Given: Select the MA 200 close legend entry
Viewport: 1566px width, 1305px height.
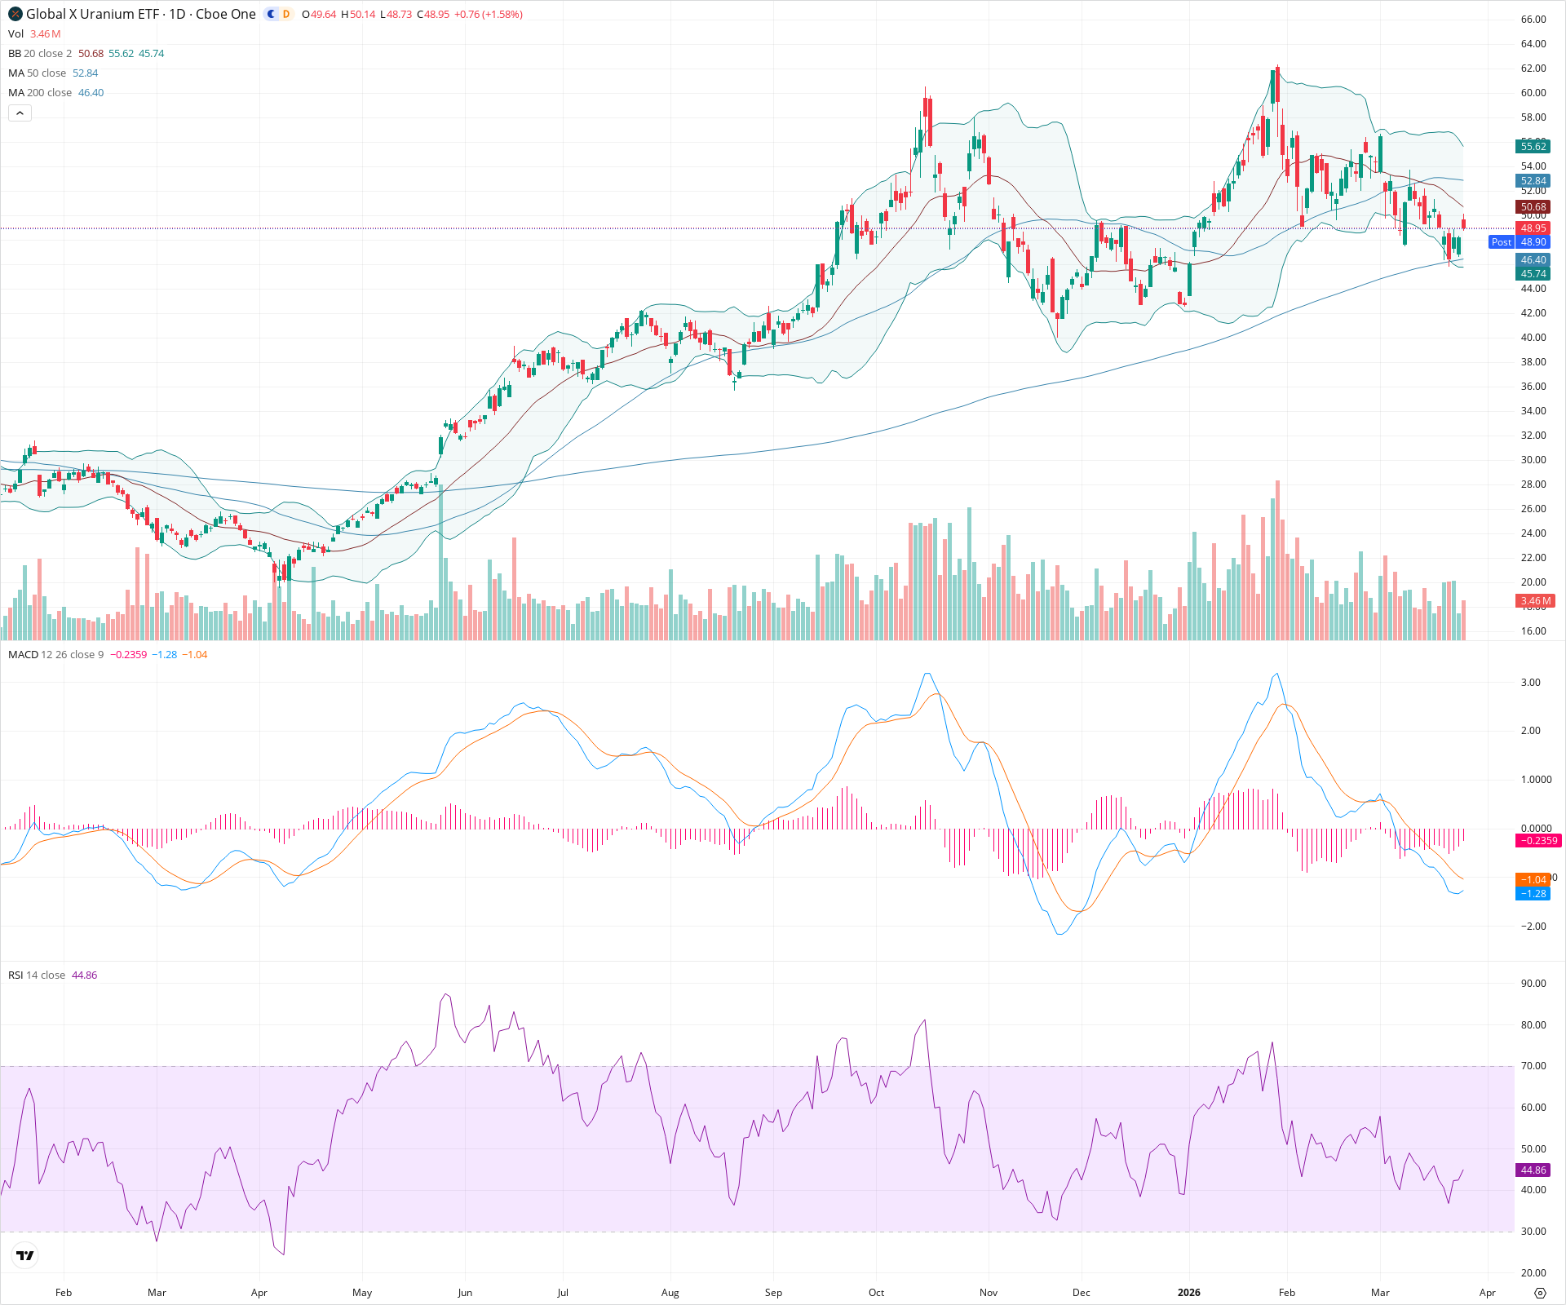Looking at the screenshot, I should tap(40, 93).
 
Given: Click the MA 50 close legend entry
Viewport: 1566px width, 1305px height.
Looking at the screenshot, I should tap(37, 73).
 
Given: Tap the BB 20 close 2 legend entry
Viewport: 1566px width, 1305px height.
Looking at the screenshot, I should tap(40, 54).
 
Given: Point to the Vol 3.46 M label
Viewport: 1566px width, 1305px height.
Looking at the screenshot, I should tap(33, 34).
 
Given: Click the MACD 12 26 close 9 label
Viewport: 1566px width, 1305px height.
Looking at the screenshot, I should tap(55, 655).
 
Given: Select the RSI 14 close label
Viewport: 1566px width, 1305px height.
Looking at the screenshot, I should tap(37, 975).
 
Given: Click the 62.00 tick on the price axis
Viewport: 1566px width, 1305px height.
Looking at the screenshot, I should tap(1533, 69).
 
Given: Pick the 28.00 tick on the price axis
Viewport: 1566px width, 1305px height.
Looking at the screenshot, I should tap(1533, 484).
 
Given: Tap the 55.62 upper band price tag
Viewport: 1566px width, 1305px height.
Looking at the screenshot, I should tap(1533, 147).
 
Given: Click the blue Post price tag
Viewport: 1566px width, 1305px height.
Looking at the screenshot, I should tap(1501, 242).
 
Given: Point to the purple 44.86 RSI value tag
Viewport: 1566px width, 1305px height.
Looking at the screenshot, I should tap(1533, 1170).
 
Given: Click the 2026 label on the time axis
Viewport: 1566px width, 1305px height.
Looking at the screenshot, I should tap(1189, 1293).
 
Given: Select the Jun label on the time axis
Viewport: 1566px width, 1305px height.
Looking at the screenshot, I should tap(465, 1293).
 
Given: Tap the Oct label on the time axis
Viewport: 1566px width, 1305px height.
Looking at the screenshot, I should tap(876, 1293).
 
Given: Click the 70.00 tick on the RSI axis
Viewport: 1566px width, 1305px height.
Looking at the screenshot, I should tap(1533, 1066).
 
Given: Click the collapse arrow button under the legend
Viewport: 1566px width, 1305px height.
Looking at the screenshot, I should tap(20, 113).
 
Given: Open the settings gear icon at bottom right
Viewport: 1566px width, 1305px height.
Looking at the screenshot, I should tap(1540, 1293).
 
